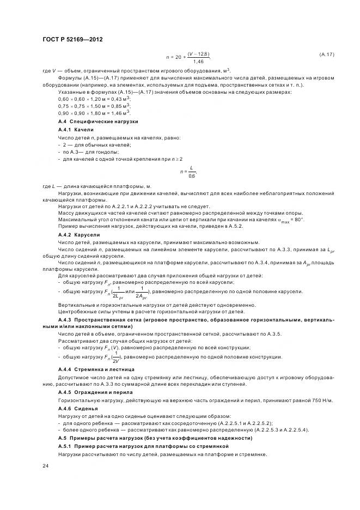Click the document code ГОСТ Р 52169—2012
pos(72,40)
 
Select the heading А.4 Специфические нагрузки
pos(98,122)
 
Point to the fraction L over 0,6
pos(192,172)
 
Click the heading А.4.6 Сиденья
pos(78,408)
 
